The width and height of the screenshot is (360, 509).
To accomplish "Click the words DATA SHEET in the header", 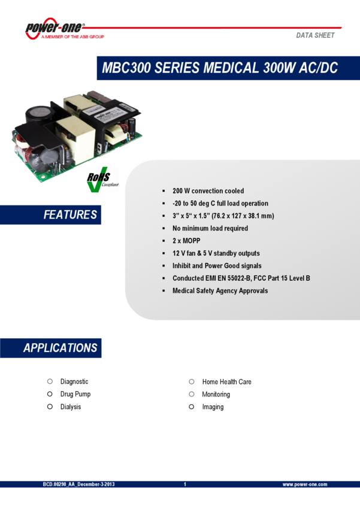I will click(x=315, y=35).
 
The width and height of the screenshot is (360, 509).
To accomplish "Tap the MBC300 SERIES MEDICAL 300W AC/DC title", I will click(x=220, y=68).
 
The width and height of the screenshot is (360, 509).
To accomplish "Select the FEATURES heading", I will click(x=69, y=214).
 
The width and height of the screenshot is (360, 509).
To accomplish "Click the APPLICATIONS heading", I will click(x=60, y=348).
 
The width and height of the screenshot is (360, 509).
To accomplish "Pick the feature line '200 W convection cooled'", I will click(x=208, y=191).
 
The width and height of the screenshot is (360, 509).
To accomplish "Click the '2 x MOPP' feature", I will click(x=186, y=241).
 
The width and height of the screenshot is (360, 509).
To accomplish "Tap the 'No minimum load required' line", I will click(x=210, y=228).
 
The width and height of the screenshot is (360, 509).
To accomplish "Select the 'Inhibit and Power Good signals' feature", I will click(x=217, y=266).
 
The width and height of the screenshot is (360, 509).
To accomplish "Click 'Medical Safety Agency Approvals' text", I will click(x=220, y=291).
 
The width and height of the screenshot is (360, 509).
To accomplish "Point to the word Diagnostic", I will click(x=74, y=381).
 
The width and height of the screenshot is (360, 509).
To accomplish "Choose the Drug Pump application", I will click(x=75, y=394).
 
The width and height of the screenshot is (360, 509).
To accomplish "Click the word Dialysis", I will click(x=71, y=407).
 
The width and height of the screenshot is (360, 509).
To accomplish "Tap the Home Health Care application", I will click(x=226, y=381).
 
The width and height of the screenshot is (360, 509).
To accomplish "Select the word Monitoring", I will click(x=216, y=394).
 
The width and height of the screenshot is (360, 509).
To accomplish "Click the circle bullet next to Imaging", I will click(x=192, y=407).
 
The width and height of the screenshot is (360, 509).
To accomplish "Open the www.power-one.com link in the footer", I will click(x=304, y=484).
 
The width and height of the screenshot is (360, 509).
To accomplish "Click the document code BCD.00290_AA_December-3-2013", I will click(x=78, y=484).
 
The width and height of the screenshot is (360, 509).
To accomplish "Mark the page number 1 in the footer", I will click(x=185, y=484).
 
